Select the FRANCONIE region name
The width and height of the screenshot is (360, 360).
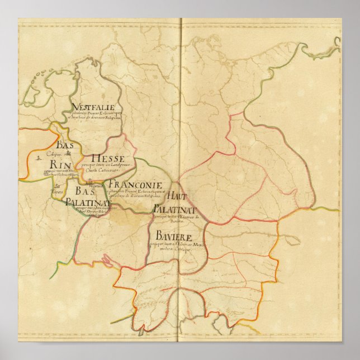pyautogui.click(x=135, y=184)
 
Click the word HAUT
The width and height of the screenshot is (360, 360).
pyautogui.click(x=177, y=196)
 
